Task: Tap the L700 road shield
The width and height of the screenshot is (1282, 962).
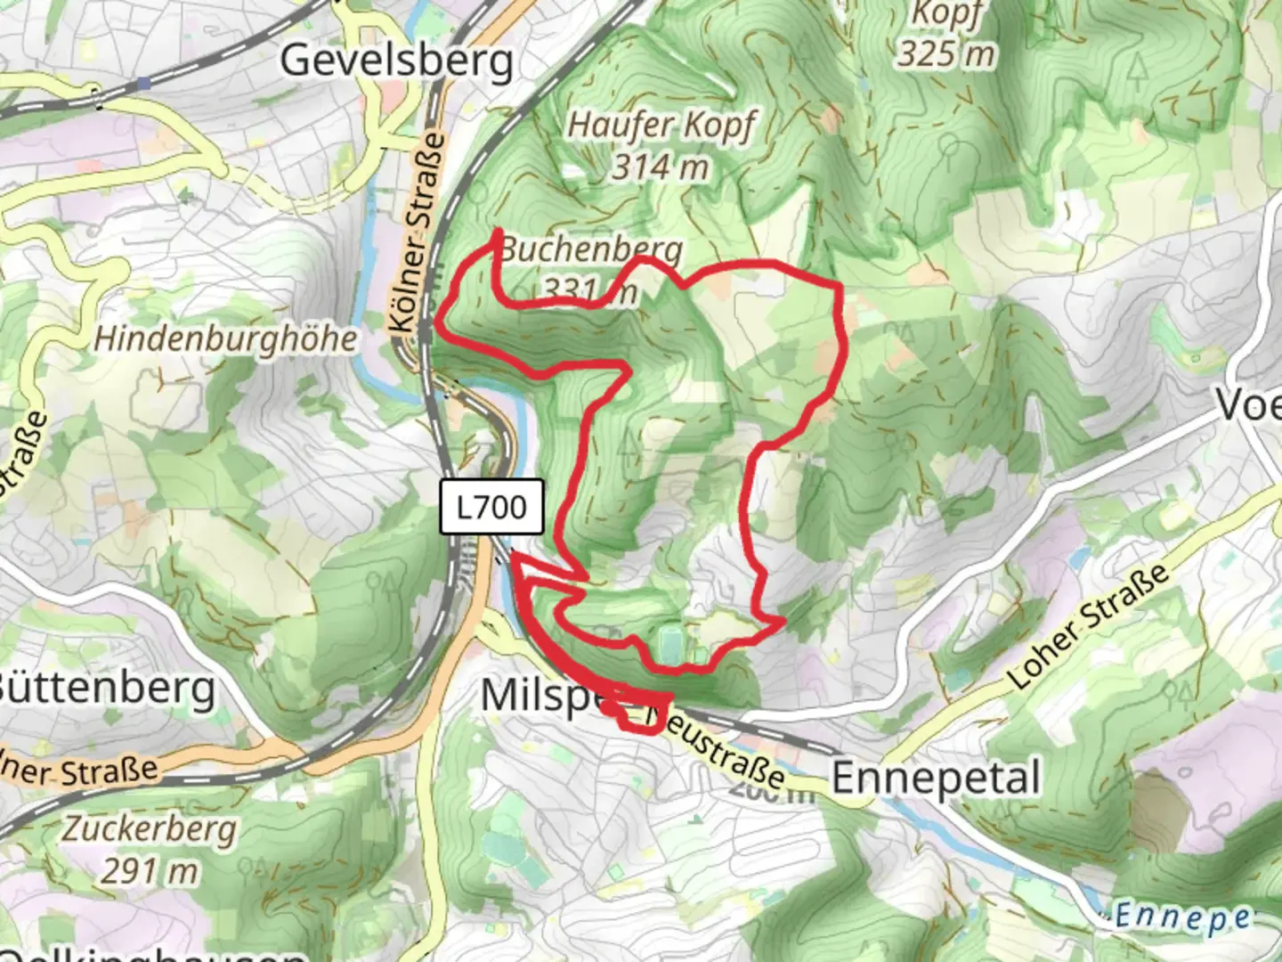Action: pyautogui.click(x=491, y=508)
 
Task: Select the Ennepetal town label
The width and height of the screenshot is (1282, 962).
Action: pyautogui.click(x=935, y=778)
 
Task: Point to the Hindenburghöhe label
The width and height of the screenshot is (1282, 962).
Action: pyautogui.click(x=226, y=338)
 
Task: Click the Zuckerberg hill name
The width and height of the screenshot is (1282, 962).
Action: pyautogui.click(x=149, y=829)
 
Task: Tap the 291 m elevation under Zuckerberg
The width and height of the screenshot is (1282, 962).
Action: pyautogui.click(x=149, y=870)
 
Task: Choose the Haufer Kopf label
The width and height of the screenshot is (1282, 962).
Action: pyautogui.click(x=661, y=126)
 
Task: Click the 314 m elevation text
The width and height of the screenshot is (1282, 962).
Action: pyautogui.click(x=661, y=167)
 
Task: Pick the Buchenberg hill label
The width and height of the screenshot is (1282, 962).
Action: pyautogui.click(x=592, y=249)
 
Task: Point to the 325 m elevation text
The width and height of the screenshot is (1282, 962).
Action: pyautogui.click(x=945, y=53)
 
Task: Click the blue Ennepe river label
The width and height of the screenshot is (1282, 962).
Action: pyautogui.click(x=1182, y=916)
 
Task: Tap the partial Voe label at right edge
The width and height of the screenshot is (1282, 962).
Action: pyautogui.click(x=1248, y=405)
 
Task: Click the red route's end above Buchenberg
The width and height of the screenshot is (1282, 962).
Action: pyautogui.click(x=497, y=233)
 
